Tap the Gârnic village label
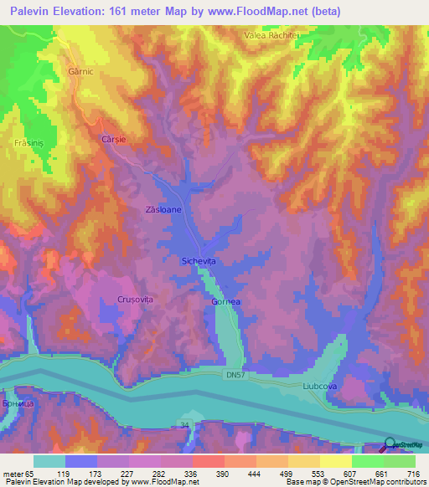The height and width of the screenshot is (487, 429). tap(79, 71)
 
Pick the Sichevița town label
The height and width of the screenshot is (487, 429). tap(199, 262)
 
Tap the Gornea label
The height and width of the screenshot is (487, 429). tap(226, 301)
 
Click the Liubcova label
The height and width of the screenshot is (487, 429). tap(319, 387)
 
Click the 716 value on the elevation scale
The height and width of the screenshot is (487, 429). tap(415, 474)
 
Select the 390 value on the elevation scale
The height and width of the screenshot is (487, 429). tap(224, 474)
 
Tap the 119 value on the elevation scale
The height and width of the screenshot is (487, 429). tap(80, 474)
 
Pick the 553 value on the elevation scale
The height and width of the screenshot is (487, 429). tap(319, 474)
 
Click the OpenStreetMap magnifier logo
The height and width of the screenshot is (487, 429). tap(389, 445)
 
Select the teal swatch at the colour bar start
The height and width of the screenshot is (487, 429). tap(49, 461)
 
